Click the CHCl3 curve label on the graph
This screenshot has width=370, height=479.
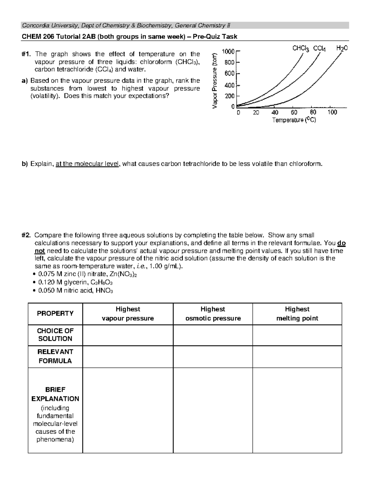(x=301, y=48)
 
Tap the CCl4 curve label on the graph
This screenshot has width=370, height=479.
(x=321, y=48)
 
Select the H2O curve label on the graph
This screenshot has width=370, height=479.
(x=342, y=48)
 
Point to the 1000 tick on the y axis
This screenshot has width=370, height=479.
(x=228, y=51)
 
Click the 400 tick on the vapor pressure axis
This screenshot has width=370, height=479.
(x=229, y=85)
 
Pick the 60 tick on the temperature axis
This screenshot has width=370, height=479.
(x=294, y=113)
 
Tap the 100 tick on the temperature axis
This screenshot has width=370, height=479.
(x=332, y=113)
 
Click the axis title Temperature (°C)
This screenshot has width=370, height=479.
(x=294, y=120)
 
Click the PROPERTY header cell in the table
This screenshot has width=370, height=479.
(x=55, y=313)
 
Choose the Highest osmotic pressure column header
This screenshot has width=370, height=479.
(x=213, y=314)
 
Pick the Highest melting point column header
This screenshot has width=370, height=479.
(x=297, y=314)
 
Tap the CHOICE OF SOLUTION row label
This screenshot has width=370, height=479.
(x=55, y=335)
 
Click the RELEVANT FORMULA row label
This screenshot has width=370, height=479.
(x=55, y=356)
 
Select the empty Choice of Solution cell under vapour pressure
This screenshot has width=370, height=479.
(x=128, y=335)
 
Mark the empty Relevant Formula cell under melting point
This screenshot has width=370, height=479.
(x=297, y=357)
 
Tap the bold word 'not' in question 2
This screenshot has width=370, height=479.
(x=40, y=251)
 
